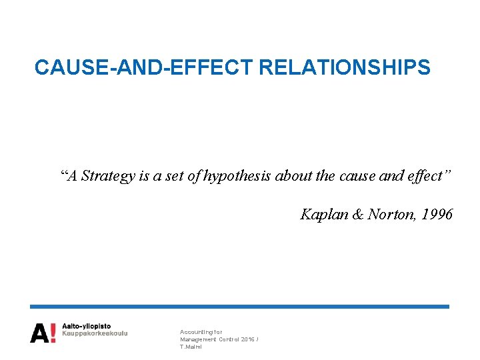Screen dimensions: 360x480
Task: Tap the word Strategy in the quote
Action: coord(107,176)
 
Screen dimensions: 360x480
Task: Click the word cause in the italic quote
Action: coord(358,176)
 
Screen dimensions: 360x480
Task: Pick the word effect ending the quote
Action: coord(427,176)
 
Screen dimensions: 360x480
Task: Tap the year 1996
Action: coord(437,214)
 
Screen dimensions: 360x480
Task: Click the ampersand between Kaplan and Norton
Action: coord(357,214)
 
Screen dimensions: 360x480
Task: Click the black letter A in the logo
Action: coord(39,333)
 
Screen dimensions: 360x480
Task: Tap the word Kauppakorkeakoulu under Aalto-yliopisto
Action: coord(95,333)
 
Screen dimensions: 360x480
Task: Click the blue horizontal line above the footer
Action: coord(240,307)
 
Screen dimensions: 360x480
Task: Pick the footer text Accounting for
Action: coord(201,331)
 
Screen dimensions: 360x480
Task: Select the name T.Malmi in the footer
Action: coord(191,347)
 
